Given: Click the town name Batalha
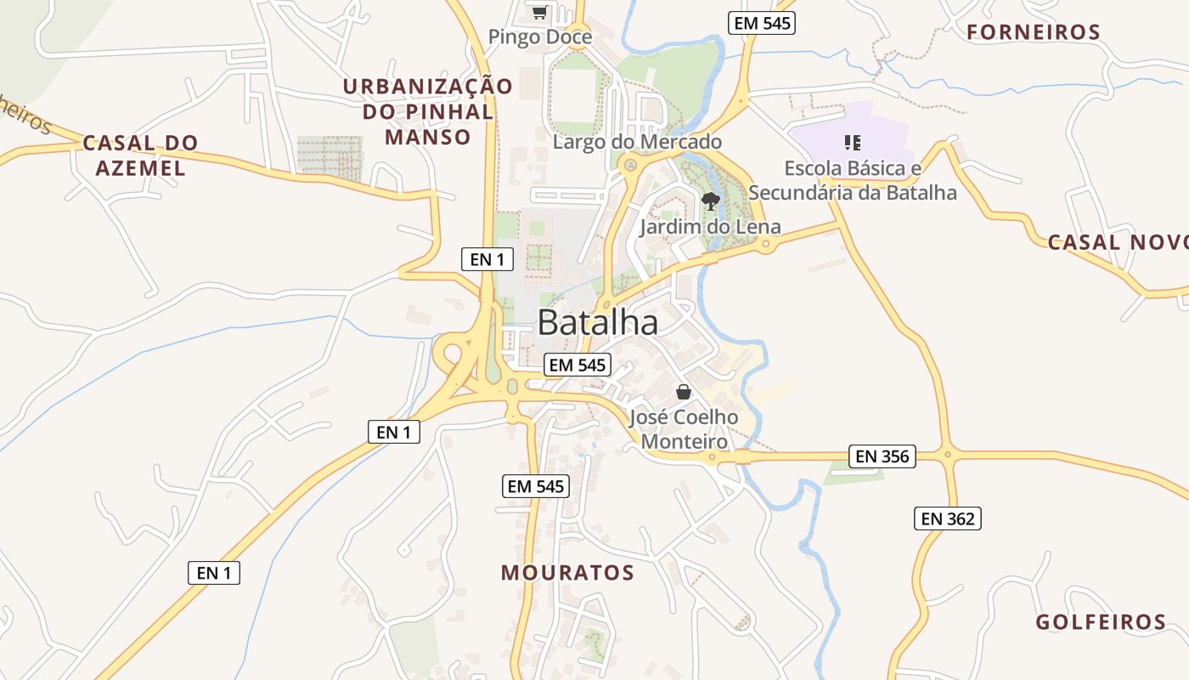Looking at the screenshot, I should point(598,323).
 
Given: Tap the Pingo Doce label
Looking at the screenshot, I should point(540,37).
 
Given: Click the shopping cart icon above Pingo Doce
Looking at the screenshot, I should point(539,12).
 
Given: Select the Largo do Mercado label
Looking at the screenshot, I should point(637,142).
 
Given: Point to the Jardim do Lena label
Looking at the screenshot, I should point(710,228).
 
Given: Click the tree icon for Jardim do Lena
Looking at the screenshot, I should point(711,201).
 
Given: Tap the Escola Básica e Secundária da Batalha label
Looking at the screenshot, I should point(853,180).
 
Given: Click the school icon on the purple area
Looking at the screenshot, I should point(853,143).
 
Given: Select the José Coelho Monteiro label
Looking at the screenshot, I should point(684,429).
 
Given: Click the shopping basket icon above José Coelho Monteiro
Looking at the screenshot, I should point(684,392).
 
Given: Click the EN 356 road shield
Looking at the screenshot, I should point(882,456).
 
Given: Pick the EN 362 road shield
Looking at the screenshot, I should point(948,518).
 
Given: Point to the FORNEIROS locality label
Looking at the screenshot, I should point(1034,32).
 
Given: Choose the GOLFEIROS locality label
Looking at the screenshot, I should point(1101,622).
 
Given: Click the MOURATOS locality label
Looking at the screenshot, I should point(567,573).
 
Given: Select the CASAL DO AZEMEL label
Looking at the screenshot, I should point(140,156).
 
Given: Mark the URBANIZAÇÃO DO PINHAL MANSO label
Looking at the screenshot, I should point(428,111).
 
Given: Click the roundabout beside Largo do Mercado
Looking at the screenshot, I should point(629,164).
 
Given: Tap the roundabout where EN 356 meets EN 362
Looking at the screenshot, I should point(948,456).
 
